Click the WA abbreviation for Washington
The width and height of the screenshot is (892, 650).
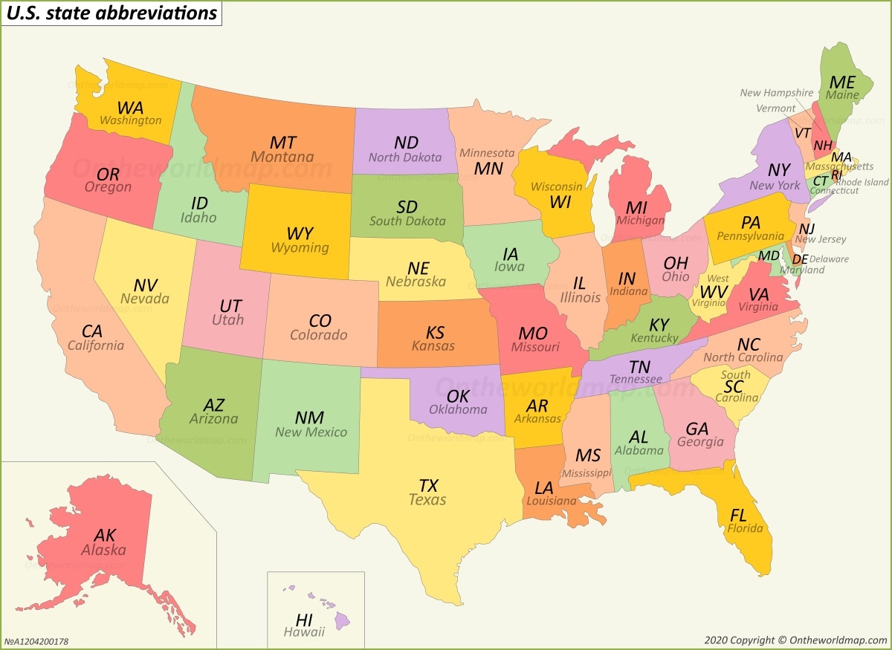130,108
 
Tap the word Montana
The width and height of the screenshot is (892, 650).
282,157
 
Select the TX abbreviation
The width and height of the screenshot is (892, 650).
428,486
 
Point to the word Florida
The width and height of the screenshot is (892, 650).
745,529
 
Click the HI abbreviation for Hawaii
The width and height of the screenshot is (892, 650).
304,620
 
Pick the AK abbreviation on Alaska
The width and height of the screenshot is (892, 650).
105,535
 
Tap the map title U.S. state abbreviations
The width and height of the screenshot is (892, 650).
111,13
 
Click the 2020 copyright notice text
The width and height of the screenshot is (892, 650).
795,640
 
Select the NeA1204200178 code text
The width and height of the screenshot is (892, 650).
36,641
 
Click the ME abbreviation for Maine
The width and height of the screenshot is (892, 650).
842,82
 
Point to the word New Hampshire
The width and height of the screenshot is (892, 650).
777,93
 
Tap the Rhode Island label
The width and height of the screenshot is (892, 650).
862,182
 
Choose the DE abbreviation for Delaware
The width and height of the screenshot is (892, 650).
800,259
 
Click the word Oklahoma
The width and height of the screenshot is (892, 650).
458,409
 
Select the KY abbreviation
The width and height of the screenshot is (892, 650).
659,325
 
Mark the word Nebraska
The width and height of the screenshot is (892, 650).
416,282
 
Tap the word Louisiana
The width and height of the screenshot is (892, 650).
551,501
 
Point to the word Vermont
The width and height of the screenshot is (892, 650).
775,108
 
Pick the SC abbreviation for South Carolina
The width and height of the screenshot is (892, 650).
733,386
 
